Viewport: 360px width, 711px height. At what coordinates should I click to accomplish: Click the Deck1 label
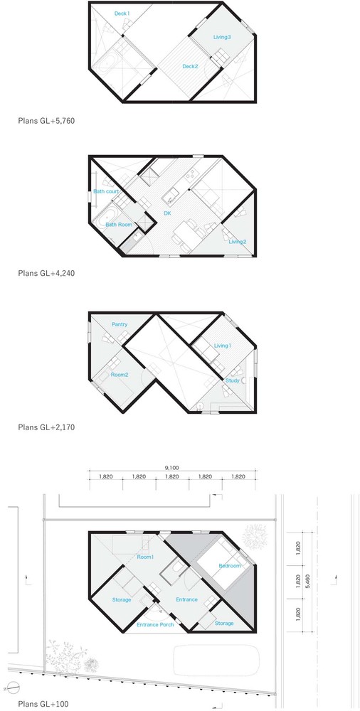pyautogui.click(x=122, y=14)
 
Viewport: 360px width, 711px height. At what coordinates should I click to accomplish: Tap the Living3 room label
pyautogui.click(x=223, y=37)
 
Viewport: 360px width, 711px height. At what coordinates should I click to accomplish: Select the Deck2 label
pyautogui.click(x=190, y=67)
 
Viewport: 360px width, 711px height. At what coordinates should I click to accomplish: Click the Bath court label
pyautogui.click(x=106, y=191)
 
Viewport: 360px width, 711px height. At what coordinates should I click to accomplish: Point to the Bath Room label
pyautogui.click(x=119, y=225)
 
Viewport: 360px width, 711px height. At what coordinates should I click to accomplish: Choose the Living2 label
pyautogui.click(x=238, y=242)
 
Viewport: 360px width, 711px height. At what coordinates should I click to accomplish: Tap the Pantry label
pyautogui.click(x=120, y=325)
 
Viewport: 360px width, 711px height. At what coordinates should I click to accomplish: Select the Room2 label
pyautogui.click(x=120, y=375)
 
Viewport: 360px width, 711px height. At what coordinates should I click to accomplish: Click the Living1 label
pyautogui.click(x=223, y=346)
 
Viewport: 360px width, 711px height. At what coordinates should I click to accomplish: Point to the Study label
pyautogui.click(x=233, y=380)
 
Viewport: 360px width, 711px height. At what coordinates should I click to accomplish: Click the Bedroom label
pyautogui.click(x=230, y=566)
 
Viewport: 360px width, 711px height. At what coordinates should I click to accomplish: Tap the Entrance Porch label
pyautogui.click(x=155, y=625)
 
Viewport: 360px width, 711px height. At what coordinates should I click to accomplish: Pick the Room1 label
pyautogui.click(x=145, y=557)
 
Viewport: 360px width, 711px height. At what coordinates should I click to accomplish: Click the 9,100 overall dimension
pyautogui.click(x=171, y=466)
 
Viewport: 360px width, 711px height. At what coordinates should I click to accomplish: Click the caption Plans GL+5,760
pyautogui.click(x=46, y=121)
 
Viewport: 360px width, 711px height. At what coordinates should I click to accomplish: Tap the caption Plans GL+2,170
pyautogui.click(x=46, y=427)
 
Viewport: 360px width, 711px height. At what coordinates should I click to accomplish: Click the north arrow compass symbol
pyautogui.click(x=15, y=687)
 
